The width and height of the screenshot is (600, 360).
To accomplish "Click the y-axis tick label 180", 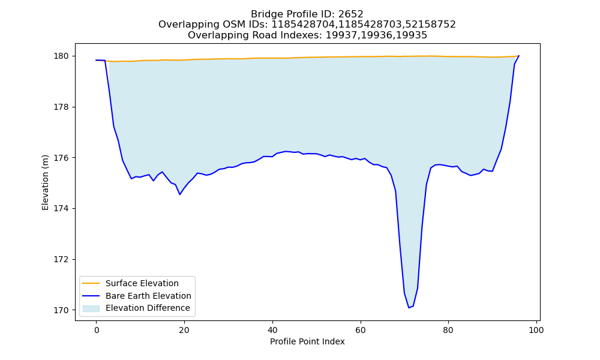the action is coord(61,56).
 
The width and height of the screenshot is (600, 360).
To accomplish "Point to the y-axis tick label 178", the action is coord(61,107).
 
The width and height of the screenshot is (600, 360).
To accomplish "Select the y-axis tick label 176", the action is coord(61,158).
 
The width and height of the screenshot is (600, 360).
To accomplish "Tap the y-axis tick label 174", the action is coord(61,209).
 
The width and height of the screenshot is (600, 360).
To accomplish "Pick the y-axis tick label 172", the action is coord(61,259).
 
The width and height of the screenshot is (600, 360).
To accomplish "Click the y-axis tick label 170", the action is coord(61,310).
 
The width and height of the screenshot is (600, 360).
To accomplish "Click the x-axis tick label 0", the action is coord(97,330).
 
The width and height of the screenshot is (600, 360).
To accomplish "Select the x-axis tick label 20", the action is coord(184,330).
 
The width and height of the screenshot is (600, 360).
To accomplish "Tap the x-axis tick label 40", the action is coord(272,330).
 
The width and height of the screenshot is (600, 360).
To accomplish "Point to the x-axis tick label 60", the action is coord(360,330).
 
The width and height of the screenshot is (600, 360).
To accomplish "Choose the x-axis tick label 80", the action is coord(448,330).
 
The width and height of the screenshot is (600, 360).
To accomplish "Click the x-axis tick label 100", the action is coord(536,330).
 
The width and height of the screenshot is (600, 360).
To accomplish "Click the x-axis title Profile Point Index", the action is coord(307,341).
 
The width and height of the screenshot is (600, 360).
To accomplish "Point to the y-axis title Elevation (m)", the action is coord(45,182).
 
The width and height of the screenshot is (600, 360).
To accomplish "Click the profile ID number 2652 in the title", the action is coord(350,14).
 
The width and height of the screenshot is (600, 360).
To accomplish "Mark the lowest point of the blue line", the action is coord(409,308).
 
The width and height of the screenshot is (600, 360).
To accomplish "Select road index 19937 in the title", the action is coord(339,35).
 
